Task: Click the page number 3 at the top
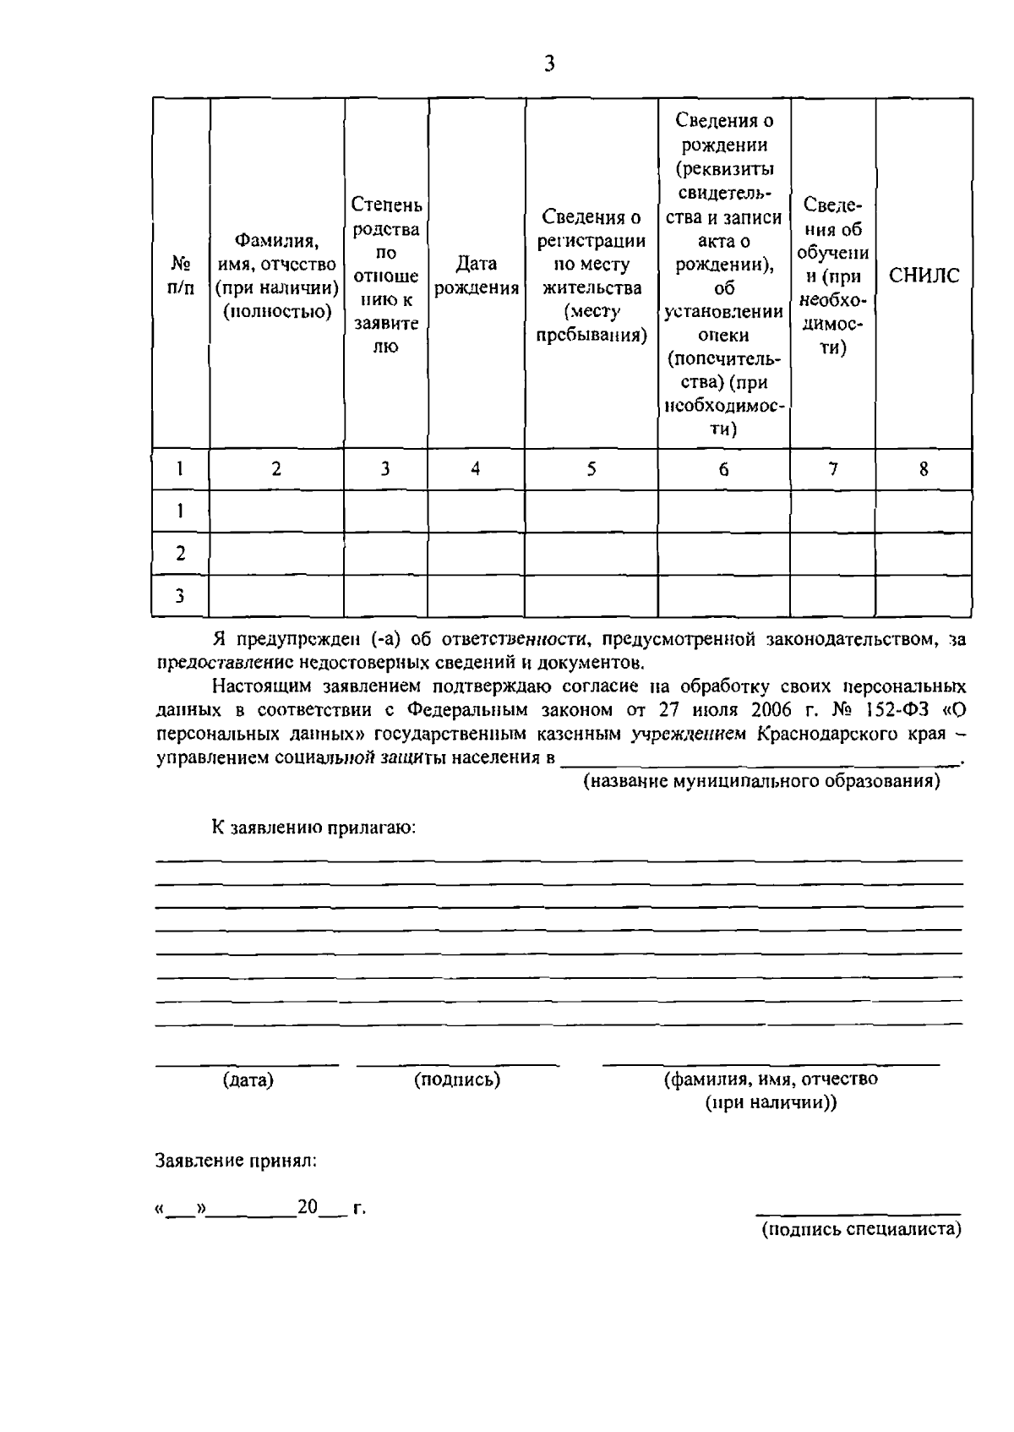[x=549, y=63]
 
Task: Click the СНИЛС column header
[x=924, y=276]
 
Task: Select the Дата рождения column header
[x=476, y=276]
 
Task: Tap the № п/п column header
[x=181, y=276]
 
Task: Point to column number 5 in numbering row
[x=591, y=469]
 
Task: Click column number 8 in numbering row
[x=924, y=469]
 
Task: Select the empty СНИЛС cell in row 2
[x=924, y=554]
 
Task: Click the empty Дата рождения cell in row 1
[x=476, y=511]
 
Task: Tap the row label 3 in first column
[x=180, y=596]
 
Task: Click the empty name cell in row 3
[x=276, y=596]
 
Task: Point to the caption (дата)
[x=248, y=1080]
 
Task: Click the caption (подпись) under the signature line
[x=457, y=1079]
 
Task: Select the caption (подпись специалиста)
[x=862, y=1229]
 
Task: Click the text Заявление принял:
[x=237, y=1161]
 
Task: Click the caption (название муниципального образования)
[x=762, y=781]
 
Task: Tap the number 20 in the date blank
[x=307, y=1207]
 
